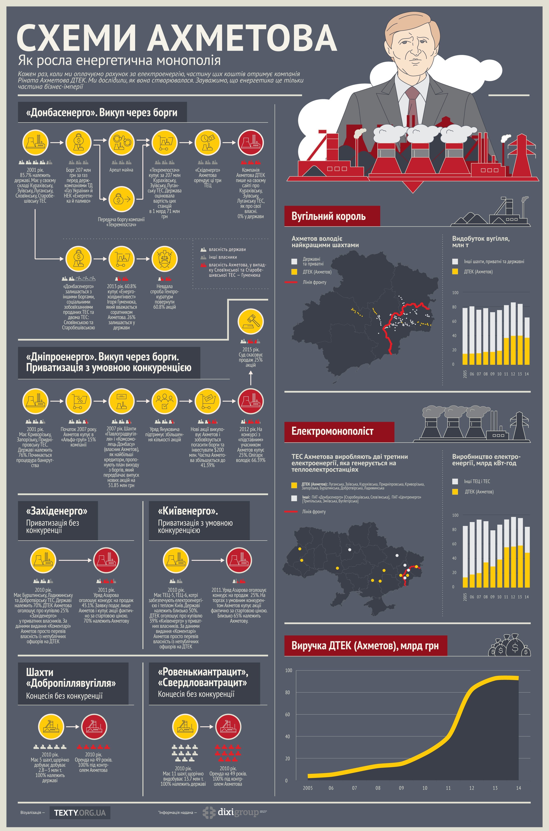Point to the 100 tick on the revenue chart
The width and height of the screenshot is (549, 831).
point(288,670)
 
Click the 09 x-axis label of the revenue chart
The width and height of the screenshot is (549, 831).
point(401,788)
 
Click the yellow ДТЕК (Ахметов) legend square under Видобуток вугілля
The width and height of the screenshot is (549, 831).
point(455,272)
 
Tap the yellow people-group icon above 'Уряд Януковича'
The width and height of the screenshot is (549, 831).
point(164,401)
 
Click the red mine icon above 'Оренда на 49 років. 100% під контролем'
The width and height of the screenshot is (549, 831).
point(94,726)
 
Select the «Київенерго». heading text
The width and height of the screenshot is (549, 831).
point(188,511)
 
